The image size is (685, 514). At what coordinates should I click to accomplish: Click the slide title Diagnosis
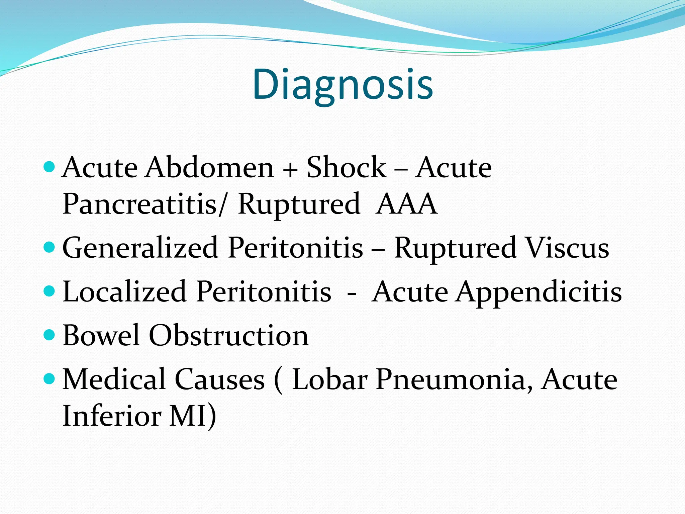point(342,84)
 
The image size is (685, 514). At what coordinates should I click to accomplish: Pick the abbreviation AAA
point(406,204)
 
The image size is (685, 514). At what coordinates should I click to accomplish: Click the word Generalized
point(140,248)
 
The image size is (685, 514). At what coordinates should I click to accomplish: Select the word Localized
point(124,292)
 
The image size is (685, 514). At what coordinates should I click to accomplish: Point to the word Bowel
point(101,335)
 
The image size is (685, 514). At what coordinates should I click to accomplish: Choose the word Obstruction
point(228,335)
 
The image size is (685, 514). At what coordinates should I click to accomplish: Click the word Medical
point(114,379)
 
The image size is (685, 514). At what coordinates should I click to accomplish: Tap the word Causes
point(220,379)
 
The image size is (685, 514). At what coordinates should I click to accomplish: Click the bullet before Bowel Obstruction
point(49,334)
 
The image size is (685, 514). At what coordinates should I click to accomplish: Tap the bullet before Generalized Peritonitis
point(49,247)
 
